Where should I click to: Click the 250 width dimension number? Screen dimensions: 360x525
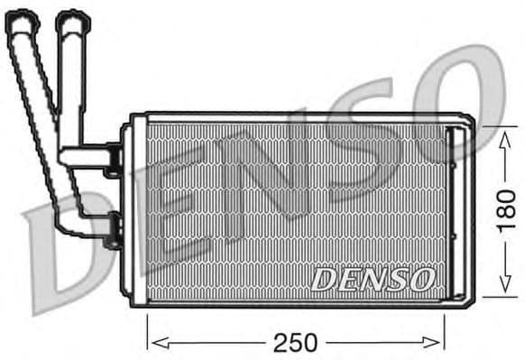(296, 343)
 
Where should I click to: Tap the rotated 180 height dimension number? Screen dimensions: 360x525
(508, 210)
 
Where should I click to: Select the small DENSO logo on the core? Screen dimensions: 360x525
(373, 280)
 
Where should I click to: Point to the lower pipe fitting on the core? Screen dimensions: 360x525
(113, 230)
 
